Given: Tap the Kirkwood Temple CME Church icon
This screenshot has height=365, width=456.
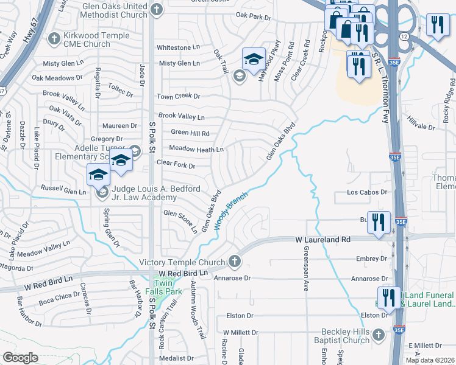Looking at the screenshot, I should (55, 36).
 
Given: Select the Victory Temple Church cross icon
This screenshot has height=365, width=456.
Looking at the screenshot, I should (235, 262).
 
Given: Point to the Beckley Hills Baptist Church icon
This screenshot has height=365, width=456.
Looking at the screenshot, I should (378, 335).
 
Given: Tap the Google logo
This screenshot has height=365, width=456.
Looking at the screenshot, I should (20, 358).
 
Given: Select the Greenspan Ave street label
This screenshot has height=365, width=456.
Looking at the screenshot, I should (306, 268).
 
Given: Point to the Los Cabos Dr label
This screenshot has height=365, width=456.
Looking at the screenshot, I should (368, 192).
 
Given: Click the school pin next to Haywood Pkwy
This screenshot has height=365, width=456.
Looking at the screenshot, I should (254, 59).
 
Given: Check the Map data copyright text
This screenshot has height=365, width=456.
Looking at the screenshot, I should (430, 360).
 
